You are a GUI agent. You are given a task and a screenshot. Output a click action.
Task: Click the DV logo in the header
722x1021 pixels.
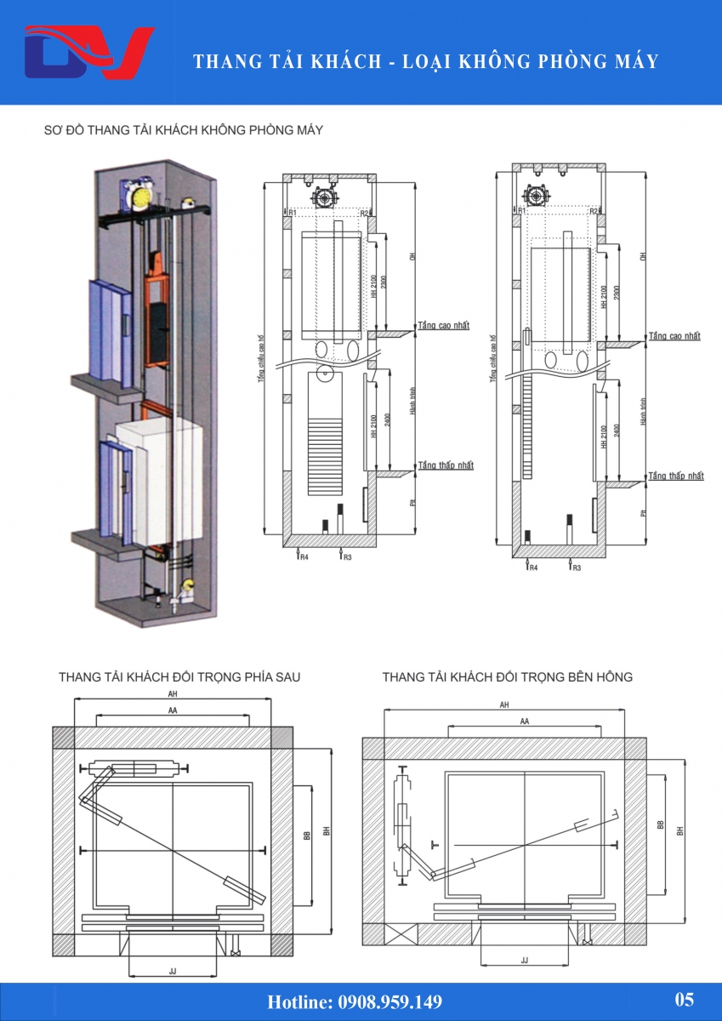point(88,52)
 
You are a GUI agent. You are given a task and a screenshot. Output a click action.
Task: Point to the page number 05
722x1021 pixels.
point(684,1000)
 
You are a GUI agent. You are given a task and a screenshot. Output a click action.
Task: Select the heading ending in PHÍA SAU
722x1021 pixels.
point(179,677)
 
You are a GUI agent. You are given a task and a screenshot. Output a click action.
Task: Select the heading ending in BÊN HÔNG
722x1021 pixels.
point(507,677)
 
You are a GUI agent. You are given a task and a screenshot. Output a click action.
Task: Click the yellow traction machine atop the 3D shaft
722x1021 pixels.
point(138,195)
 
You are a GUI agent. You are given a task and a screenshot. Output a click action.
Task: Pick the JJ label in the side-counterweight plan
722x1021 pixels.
point(524,960)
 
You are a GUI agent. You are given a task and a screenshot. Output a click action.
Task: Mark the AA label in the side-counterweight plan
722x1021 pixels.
point(525,721)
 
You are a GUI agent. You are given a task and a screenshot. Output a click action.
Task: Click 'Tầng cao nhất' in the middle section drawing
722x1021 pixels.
point(444,325)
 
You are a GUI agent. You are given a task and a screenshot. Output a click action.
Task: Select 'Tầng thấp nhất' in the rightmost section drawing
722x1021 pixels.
point(675,476)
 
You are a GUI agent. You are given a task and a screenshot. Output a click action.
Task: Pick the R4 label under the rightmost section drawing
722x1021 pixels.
point(532,567)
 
